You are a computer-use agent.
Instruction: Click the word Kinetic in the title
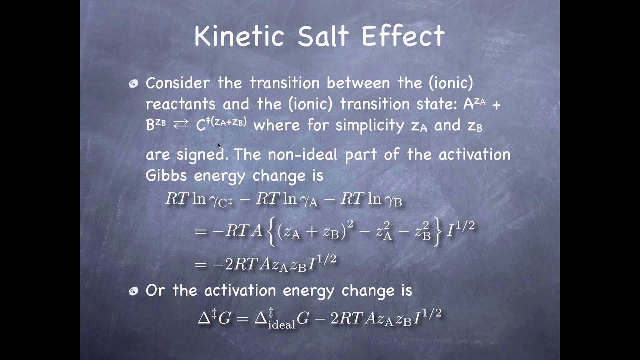[x=240, y=36]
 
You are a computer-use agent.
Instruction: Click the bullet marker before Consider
[x=133, y=84]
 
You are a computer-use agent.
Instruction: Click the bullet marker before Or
[x=133, y=291]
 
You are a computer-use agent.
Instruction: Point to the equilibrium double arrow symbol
[x=180, y=125]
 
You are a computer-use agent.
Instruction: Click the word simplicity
[x=369, y=125]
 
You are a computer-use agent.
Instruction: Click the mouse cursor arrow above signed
[x=219, y=145]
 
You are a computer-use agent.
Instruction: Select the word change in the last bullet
[x=384, y=290]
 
